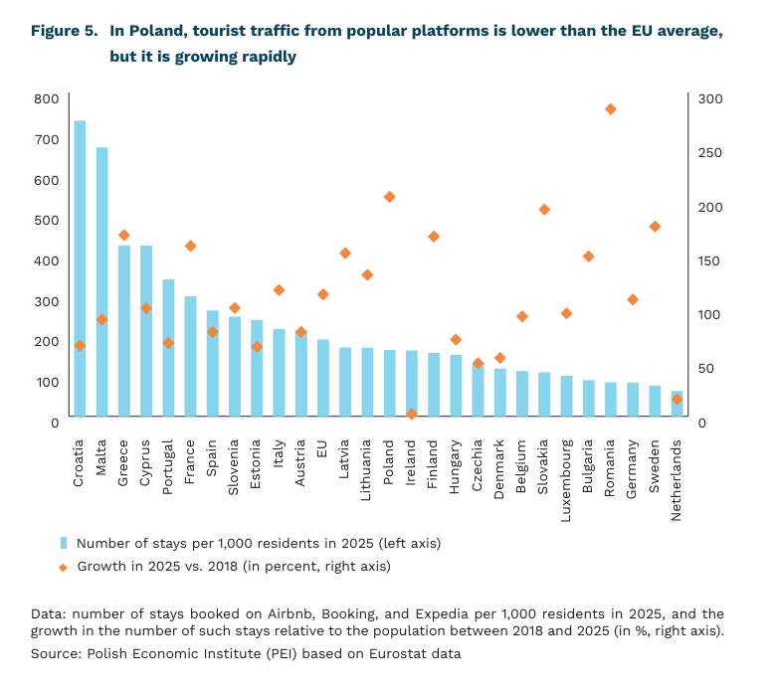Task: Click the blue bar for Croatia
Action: tap(80, 268)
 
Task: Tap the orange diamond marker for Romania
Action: tap(611, 109)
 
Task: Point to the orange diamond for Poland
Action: tap(389, 197)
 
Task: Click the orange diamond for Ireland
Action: tap(411, 414)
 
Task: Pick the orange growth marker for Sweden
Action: tap(655, 227)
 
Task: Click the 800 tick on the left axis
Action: tap(46, 98)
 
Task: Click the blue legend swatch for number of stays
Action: tap(64, 543)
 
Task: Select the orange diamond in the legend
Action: tap(64, 566)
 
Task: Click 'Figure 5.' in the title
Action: tap(63, 32)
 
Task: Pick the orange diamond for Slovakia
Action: tap(544, 210)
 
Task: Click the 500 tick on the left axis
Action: tap(46, 220)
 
